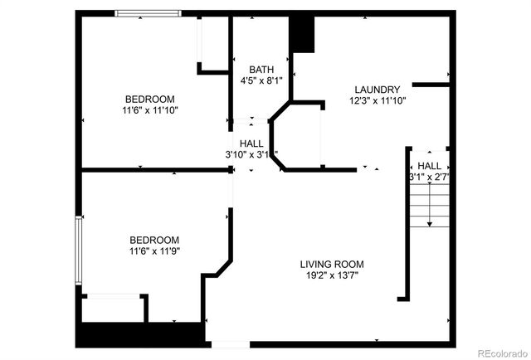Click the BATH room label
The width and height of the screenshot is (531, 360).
pos(261,70)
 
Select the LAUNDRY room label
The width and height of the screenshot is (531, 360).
pos(378,90)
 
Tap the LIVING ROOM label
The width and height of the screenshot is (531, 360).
pos(332,265)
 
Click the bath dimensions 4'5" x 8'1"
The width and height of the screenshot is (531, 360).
pos(261,81)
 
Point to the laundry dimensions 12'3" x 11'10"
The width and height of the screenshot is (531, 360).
pos(378,101)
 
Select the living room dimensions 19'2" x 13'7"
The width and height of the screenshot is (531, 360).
pos(332,276)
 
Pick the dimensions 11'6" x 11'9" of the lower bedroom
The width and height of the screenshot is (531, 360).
pos(154,251)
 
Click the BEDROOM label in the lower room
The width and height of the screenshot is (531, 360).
pos(154,239)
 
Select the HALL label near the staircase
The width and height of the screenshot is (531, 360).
pos(429,166)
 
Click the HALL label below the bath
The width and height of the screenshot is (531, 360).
pos(251,144)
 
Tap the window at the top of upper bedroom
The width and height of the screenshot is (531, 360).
pos(148,13)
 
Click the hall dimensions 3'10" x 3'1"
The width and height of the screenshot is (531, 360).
pos(251,155)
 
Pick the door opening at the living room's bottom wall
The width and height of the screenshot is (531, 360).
pos(229,343)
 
